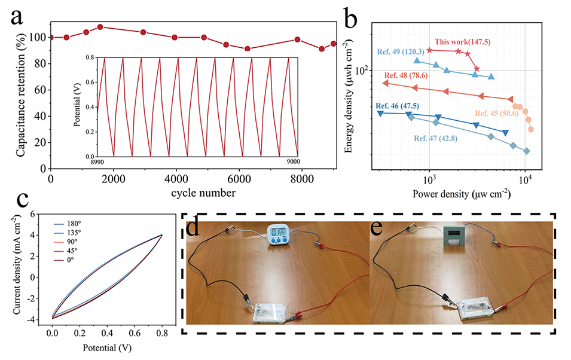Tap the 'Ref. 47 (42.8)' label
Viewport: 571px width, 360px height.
(435, 138)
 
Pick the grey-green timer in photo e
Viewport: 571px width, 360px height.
(452, 236)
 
